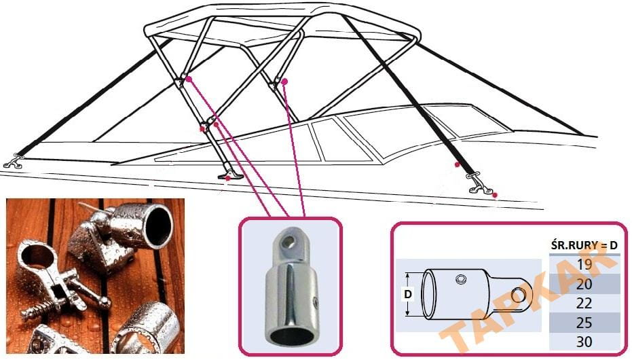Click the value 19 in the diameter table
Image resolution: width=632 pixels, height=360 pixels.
[x=583, y=264]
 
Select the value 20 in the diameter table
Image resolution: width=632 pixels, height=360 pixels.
[x=583, y=283]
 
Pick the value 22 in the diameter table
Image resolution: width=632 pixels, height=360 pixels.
[x=583, y=303]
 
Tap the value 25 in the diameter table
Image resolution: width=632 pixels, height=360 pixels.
[x=583, y=323]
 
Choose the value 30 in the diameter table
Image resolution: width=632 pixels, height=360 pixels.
[x=583, y=342]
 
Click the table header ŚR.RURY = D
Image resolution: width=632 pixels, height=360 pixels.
[x=583, y=245]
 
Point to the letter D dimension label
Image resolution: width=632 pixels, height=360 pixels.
[x=407, y=295]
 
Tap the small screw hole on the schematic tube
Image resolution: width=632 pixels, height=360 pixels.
[x=462, y=279]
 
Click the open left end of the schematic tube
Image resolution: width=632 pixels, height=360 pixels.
[x=430, y=295]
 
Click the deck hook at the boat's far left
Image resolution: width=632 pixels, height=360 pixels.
[x=13, y=162]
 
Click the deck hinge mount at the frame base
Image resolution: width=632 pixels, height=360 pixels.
[x=230, y=176]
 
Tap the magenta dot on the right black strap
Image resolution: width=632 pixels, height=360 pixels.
[x=458, y=165]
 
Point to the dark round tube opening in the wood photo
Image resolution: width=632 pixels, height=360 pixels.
[x=157, y=225]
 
